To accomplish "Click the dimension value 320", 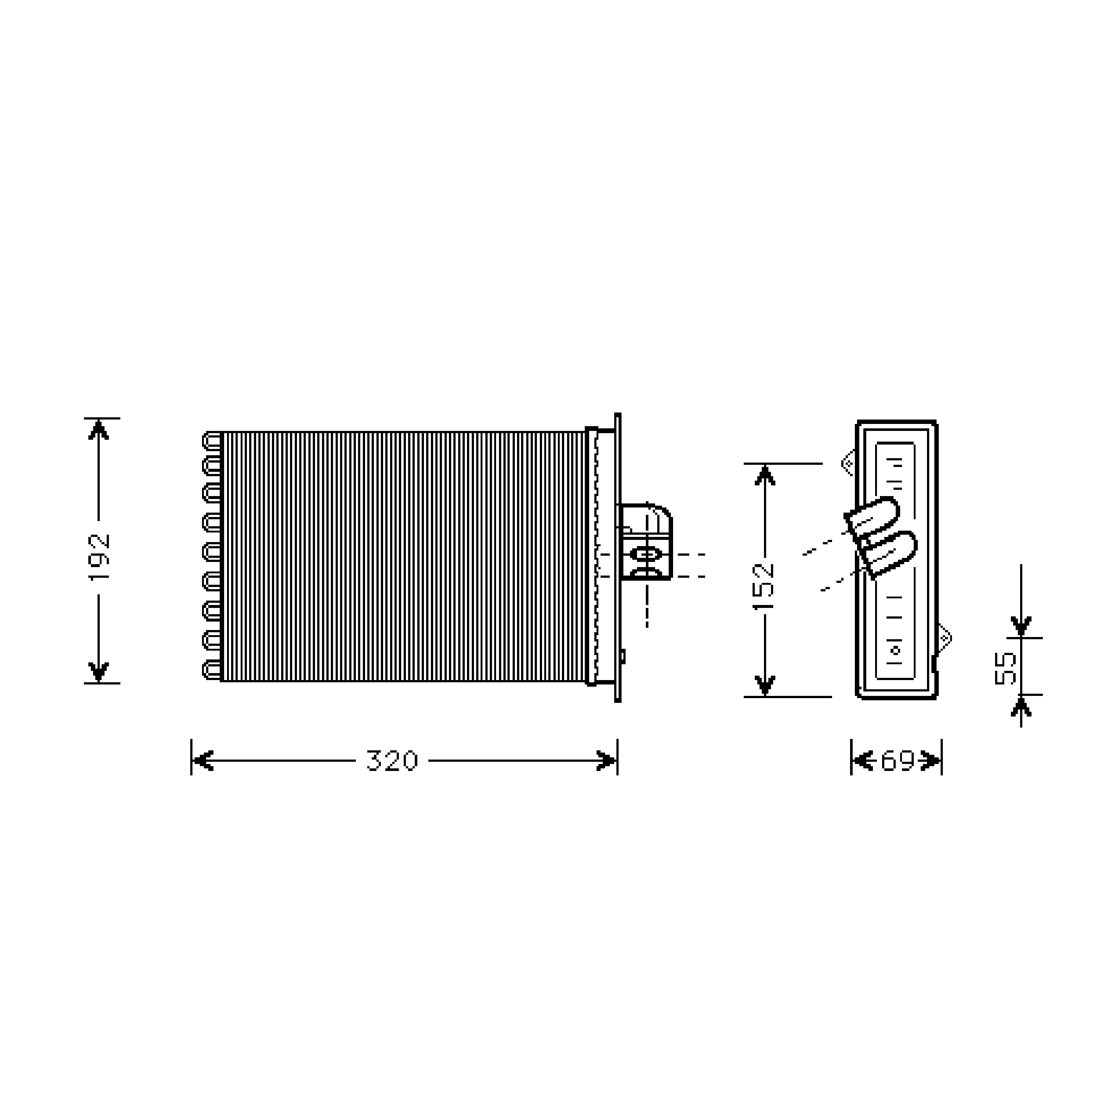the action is (x=392, y=761).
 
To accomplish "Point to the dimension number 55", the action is (x=1006, y=668).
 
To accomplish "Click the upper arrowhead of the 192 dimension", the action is (x=99, y=430).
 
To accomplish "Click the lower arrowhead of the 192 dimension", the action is (x=99, y=672).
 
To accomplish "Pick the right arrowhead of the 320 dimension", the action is (x=606, y=761).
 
